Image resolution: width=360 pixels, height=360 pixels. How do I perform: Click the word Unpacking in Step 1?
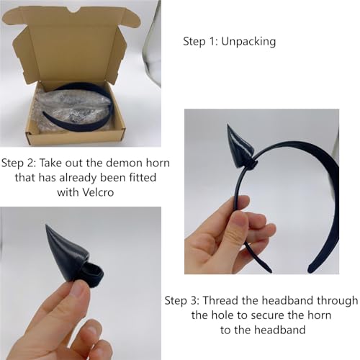tap(248, 42)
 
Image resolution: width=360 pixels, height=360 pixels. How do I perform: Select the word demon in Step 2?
tap(124, 163)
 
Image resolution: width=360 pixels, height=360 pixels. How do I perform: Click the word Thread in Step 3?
tap(221, 300)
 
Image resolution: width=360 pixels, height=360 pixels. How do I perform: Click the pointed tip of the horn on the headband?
tap(228, 125)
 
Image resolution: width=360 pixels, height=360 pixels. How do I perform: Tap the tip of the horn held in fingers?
tap(46, 225)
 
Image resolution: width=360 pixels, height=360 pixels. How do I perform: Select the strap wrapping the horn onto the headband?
tap(251, 164)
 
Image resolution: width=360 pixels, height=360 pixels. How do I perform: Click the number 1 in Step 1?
tap(212, 42)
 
